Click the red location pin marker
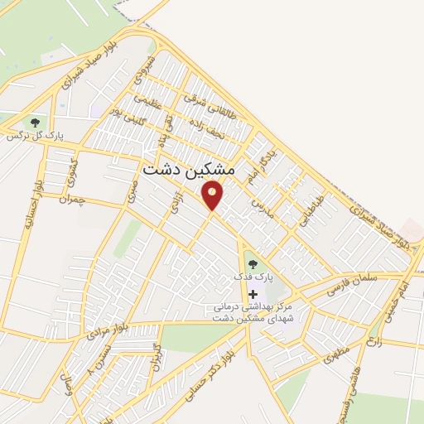[x=213, y=195]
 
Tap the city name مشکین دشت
[x=189, y=168]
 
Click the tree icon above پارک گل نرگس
[x=35, y=122]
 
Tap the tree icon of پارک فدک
[x=253, y=264]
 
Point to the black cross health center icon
[x=253, y=294]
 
